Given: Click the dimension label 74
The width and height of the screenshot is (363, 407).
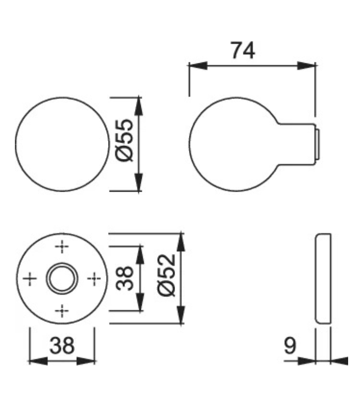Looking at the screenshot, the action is pos(243,51).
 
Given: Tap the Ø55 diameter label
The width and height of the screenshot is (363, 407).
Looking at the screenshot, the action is pos(124,141).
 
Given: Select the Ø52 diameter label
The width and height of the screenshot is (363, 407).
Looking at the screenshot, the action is pos(167,275).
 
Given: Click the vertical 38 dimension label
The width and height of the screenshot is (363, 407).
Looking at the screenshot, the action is pos(124,278).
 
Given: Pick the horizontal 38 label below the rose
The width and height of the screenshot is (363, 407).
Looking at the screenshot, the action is pos(62,346).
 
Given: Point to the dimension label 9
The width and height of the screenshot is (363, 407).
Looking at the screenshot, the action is pos(290,346).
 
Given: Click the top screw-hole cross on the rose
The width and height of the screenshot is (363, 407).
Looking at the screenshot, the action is pos(62,246).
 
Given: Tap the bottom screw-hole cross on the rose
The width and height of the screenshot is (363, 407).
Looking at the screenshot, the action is pos(62,311).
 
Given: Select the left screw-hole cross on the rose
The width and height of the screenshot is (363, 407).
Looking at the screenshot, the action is pos(30,279).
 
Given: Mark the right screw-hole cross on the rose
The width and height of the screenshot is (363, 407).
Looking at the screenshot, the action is pos(94,279).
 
